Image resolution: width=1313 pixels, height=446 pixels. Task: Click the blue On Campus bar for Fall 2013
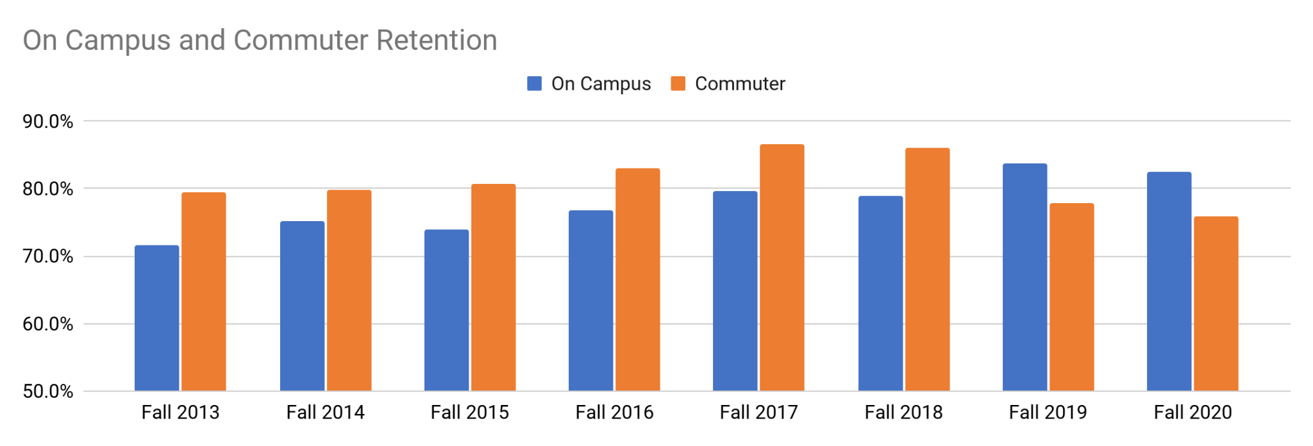click(x=157, y=318)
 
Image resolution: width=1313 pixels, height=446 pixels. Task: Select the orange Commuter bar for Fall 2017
click(x=782, y=268)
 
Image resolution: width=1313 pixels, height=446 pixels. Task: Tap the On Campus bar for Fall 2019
click(x=1024, y=277)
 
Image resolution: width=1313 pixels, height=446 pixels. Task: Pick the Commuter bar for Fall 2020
click(x=1216, y=304)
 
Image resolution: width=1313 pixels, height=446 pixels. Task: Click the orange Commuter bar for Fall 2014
click(x=349, y=290)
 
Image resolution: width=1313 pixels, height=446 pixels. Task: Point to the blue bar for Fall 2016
click(x=590, y=301)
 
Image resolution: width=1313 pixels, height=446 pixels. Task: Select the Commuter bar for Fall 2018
click(x=927, y=270)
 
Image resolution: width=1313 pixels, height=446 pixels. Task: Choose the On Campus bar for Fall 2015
click(x=446, y=310)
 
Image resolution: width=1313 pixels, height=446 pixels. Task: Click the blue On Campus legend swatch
click(x=534, y=84)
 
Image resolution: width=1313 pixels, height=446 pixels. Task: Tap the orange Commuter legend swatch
click(x=678, y=84)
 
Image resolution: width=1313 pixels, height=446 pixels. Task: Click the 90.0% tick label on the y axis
click(x=48, y=121)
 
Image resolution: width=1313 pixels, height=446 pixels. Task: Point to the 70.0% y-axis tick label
click(x=48, y=256)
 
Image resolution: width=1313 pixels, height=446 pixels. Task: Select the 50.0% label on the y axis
click(x=48, y=392)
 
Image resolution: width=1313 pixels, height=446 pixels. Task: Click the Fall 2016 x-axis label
click(x=614, y=412)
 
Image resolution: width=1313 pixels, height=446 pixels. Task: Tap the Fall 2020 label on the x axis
click(x=1192, y=412)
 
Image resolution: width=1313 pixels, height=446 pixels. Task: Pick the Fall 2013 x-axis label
click(x=180, y=412)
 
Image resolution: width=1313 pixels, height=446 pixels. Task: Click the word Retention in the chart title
click(x=437, y=40)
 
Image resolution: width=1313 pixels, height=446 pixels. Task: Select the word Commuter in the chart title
click(x=301, y=40)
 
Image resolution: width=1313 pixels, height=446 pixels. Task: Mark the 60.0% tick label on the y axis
click(x=48, y=324)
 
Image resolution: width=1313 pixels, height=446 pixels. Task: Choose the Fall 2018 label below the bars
click(x=903, y=412)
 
